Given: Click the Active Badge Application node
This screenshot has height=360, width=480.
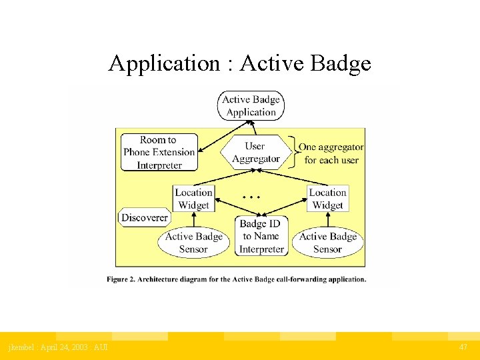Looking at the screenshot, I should click(x=251, y=106).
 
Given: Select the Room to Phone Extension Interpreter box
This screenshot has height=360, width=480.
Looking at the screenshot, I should click(x=159, y=152).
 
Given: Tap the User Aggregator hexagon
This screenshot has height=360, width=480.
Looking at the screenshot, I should click(x=256, y=153).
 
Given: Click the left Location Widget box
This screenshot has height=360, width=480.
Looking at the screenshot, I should click(x=193, y=199).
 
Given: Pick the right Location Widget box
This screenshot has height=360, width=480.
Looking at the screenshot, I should click(x=328, y=199).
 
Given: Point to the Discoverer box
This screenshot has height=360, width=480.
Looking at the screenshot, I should click(x=145, y=217).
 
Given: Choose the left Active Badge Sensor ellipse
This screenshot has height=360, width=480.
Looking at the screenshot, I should click(x=194, y=243).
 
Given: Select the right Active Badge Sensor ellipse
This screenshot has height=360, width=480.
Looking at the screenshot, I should click(x=328, y=243).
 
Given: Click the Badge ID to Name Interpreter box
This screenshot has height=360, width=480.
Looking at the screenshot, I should click(x=261, y=236).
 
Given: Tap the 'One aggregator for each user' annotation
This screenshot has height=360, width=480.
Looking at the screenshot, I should click(x=331, y=153).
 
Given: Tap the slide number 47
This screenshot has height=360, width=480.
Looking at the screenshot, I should click(x=463, y=347).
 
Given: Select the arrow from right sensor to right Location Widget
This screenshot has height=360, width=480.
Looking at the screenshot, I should click(x=328, y=220).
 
